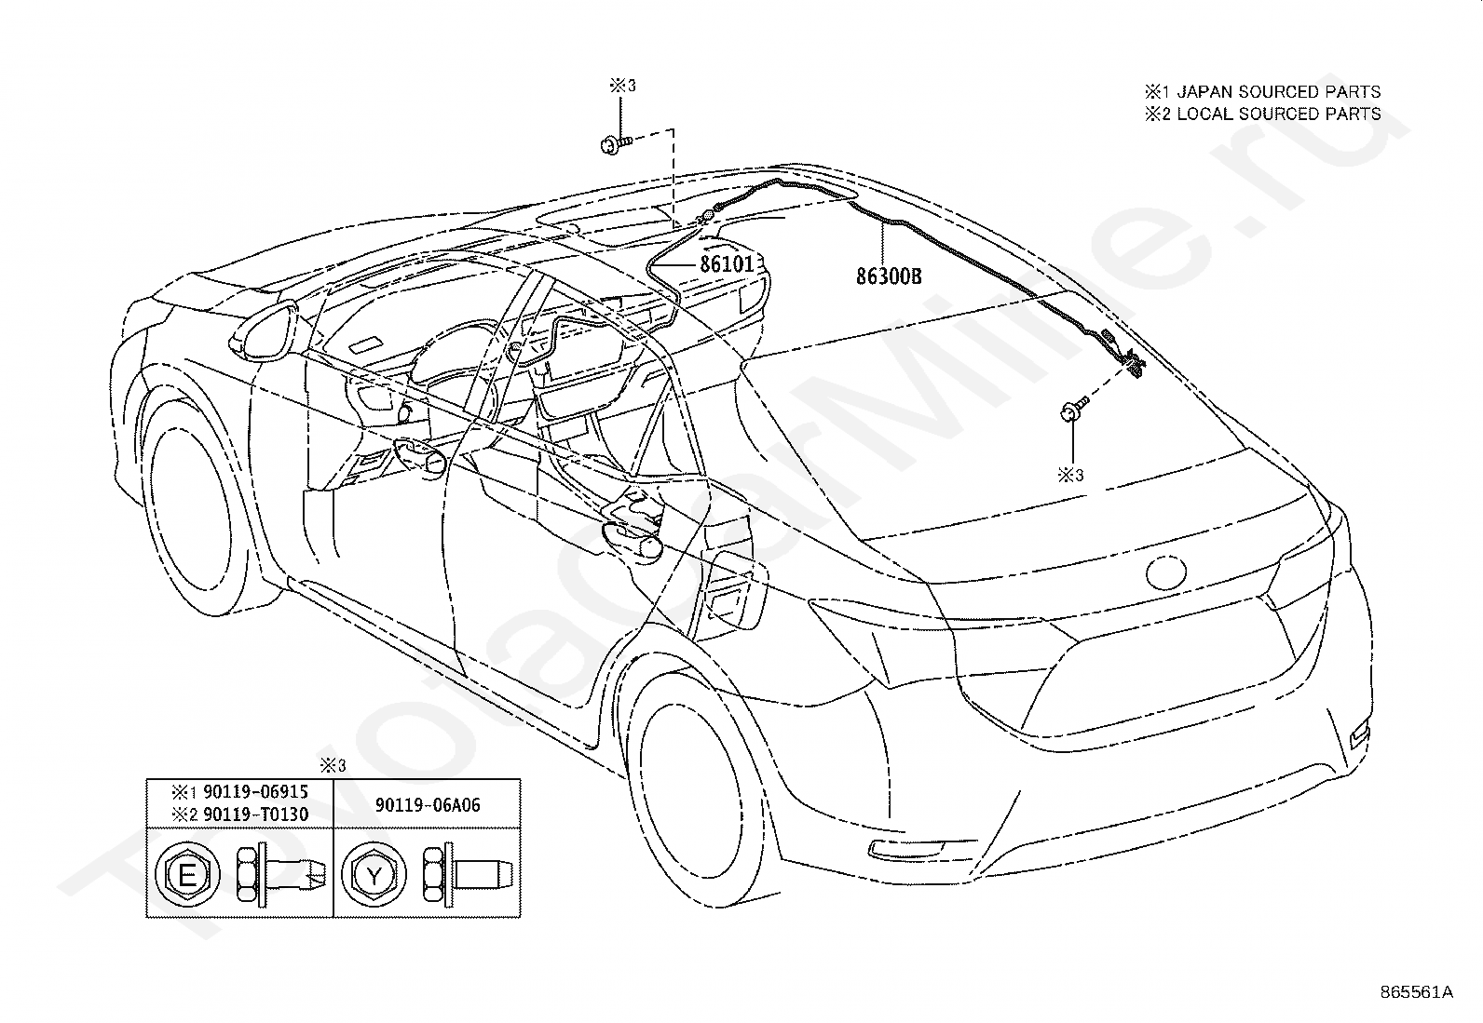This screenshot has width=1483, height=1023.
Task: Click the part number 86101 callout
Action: pos(727,264)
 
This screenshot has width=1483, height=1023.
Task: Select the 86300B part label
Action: pos(889,276)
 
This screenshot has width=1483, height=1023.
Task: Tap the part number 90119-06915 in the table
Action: pos(255,792)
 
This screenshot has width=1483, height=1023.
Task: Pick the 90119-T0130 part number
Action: pos(255,814)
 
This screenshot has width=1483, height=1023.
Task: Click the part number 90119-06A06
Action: pos(428,804)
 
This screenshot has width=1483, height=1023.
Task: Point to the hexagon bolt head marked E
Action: pos(187,875)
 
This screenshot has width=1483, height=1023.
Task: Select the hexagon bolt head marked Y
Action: pos(374,875)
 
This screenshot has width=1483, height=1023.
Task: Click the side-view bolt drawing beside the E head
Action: pos(280,875)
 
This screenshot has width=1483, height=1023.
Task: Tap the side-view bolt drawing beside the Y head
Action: pos(468,875)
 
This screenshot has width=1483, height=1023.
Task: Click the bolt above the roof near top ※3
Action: pos(617,143)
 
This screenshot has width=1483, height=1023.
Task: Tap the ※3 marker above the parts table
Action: pos(333,765)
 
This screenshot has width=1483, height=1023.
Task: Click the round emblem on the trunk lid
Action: pos(1166,572)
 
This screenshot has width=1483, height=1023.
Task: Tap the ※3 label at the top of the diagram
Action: pos(622,86)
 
